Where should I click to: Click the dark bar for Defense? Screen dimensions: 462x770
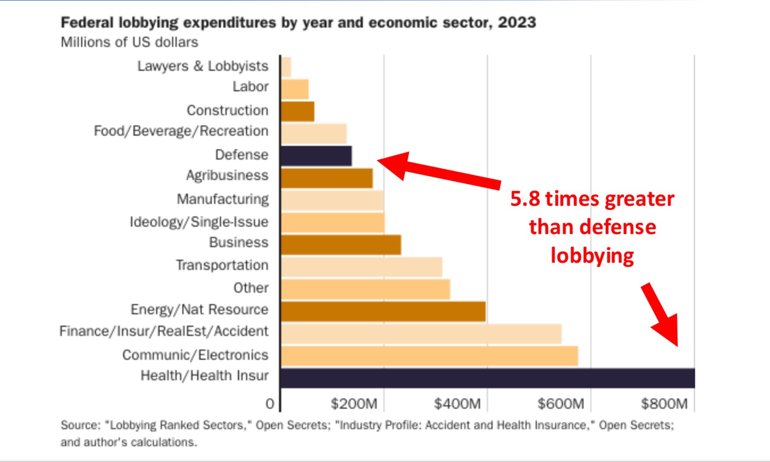click(x=316, y=156)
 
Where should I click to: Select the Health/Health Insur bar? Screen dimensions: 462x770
click(x=487, y=378)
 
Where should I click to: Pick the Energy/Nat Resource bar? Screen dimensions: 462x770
click(x=383, y=311)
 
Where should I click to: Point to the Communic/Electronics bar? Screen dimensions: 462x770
click(x=429, y=356)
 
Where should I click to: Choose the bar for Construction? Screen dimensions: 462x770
click(x=298, y=111)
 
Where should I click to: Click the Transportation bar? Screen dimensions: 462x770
click(x=362, y=267)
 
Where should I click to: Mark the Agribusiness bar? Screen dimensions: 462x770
click(x=327, y=178)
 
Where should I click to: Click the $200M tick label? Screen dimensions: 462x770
click(x=354, y=404)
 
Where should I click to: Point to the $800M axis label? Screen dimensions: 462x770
click(x=664, y=404)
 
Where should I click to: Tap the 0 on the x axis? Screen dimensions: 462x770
click(x=270, y=404)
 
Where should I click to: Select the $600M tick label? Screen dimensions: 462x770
click(x=561, y=404)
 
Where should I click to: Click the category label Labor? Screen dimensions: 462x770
click(x=250, y=86)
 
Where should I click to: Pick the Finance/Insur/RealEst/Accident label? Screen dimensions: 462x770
click(x=164, y=331)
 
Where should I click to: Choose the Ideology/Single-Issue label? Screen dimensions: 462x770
click(x=199, y=222)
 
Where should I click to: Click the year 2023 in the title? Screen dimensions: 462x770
click(x=517, y=22)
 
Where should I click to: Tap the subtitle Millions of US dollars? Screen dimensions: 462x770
click(x=129, y=42)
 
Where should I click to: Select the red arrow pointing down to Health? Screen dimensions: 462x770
click(x=661, y=314)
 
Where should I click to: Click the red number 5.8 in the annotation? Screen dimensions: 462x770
click(x=525, y=199)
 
